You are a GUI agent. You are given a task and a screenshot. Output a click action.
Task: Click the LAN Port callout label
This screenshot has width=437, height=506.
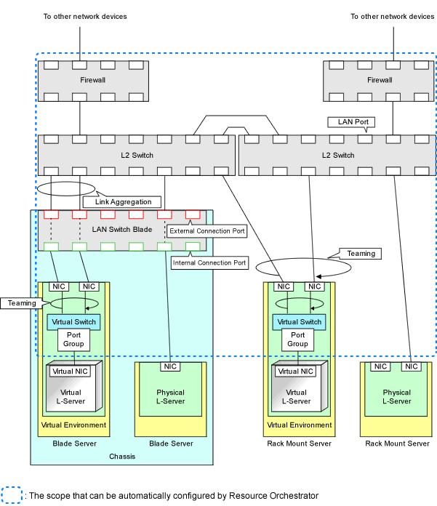click(351, 122)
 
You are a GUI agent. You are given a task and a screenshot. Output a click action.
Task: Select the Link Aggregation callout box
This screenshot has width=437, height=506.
click(122, 202)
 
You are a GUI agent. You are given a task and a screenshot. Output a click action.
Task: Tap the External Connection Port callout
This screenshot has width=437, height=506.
click(207, 231)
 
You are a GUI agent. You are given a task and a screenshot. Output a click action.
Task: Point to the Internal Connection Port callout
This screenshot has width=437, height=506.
click(209, 262)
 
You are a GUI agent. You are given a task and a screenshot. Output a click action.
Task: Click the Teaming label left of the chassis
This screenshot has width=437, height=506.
click(21, 303)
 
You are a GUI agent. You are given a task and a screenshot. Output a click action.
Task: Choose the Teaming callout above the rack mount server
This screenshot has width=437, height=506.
click(361, 254)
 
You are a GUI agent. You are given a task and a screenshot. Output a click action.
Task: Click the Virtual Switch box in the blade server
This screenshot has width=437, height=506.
click(73, 322)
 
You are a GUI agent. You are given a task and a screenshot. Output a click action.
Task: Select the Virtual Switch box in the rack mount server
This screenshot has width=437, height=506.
click(299, 322)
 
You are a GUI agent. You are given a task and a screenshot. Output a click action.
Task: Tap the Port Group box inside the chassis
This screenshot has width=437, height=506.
click(73, 340)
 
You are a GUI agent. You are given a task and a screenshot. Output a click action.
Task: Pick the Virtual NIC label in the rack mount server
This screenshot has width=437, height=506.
click(296, 372)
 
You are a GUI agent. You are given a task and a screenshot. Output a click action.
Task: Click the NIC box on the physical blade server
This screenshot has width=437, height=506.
click(170, 366)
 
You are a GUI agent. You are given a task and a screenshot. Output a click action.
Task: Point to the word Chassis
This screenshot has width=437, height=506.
click(122, 457)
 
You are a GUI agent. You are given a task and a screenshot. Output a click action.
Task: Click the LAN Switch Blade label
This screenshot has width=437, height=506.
click(122, 230)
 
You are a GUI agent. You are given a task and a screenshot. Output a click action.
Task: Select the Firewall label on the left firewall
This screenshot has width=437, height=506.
click(92, 80)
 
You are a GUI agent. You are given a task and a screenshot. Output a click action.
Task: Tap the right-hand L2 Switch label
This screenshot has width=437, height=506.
click(338, 156)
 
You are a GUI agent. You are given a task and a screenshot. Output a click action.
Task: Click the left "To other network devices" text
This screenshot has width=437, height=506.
click(85, 17)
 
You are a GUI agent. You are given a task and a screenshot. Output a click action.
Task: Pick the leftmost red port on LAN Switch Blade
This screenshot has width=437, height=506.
click(52, 214)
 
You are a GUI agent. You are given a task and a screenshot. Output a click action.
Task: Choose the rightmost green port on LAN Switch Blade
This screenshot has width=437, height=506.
click(193, 247)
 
